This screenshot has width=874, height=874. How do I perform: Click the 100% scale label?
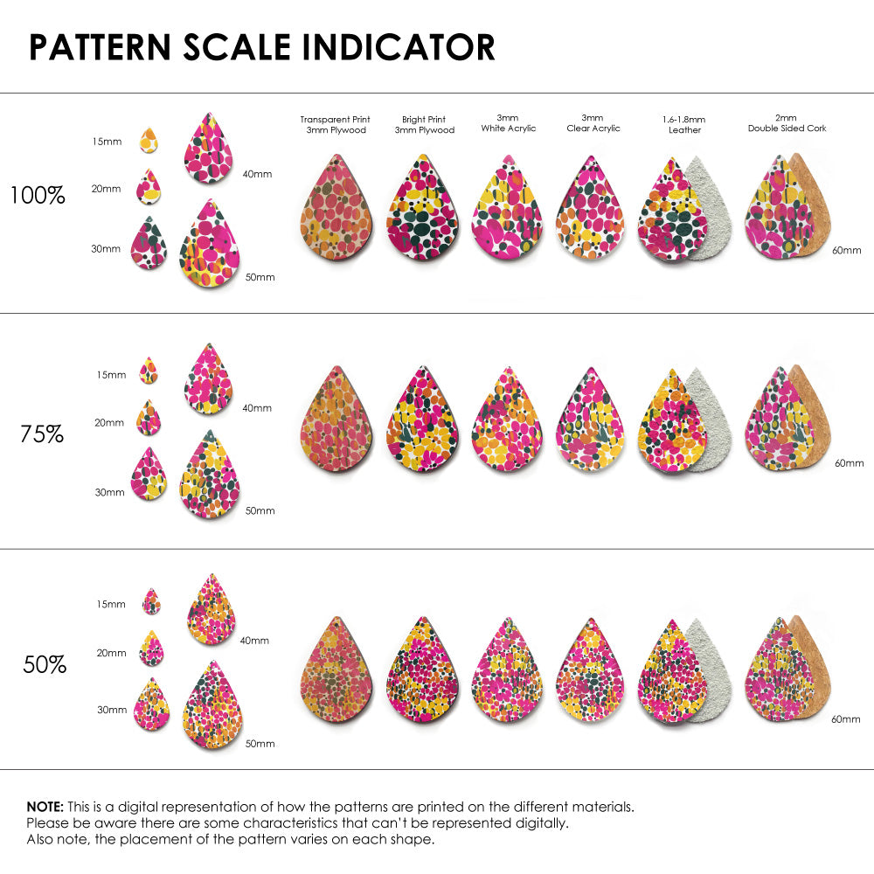tap(38, 195)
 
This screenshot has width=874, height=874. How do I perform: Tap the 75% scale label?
tap(42, 433)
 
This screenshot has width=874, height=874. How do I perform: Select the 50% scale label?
tap(45, 664)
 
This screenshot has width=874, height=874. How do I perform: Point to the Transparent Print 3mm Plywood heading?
tap(335, 124)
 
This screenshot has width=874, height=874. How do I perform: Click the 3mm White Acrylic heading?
tap(509, 122)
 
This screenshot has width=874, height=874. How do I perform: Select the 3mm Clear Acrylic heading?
tap(593, 122)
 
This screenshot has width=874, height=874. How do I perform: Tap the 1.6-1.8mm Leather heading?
tap(684, 123)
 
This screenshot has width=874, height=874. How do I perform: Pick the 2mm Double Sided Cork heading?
tap(787, 122)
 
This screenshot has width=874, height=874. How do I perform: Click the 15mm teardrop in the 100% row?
tap(149, 140)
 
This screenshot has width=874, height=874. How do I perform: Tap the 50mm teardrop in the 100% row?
tap(210, 246)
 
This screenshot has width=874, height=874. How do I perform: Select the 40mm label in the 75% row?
tap(256, 408)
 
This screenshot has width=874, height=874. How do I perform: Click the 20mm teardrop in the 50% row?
tap(151, 649)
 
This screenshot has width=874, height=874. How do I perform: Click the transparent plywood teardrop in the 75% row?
tap(336, 422)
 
